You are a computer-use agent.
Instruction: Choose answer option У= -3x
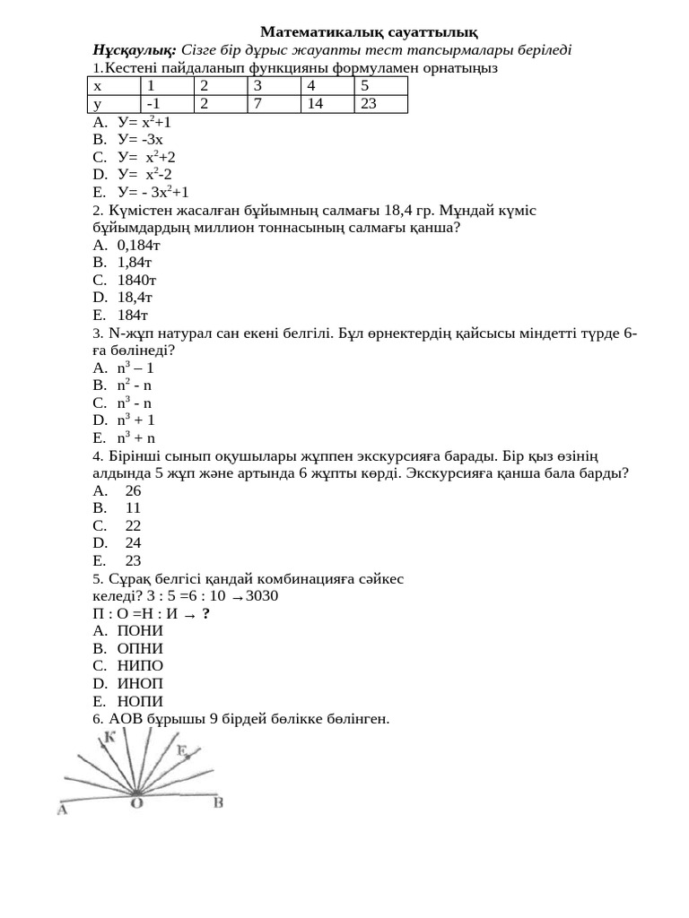pos(140,139)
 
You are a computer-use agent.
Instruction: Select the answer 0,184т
pos(138,245)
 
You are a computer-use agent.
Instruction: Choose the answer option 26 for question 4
pos(134,490)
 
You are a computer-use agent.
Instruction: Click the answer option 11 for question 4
pos(134,508)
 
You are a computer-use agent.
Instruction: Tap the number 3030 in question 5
pos(262,596)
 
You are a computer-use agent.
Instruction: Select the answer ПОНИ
pos(140,631)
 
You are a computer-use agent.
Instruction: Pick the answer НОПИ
pos(140,701)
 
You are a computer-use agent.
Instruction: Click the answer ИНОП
pos(140,684)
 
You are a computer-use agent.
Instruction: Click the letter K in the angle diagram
pos(110,737)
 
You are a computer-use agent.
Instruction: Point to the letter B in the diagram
pos(218,803)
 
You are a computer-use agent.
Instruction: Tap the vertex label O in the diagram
pos(136,804)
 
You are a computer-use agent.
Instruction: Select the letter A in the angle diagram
pos(63,810)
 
